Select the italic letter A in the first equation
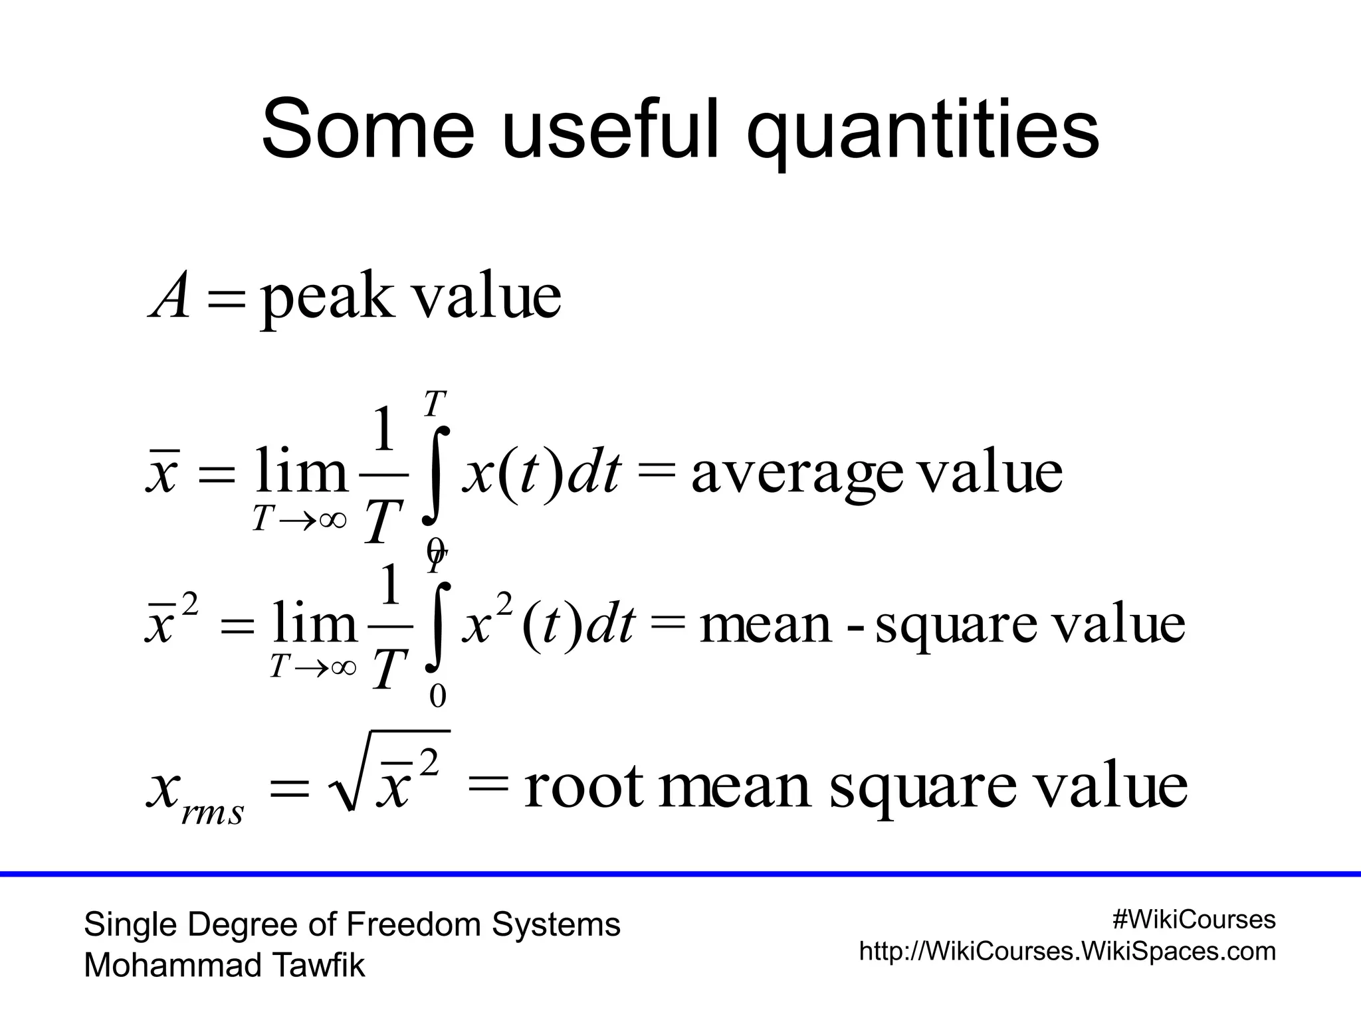pos(169,297)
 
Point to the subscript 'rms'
pos(213,812)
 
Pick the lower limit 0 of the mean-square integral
pos(437,696)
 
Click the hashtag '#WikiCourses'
pos(1194,920)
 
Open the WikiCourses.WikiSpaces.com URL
pos(1067,952)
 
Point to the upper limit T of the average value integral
pos(434,403)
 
